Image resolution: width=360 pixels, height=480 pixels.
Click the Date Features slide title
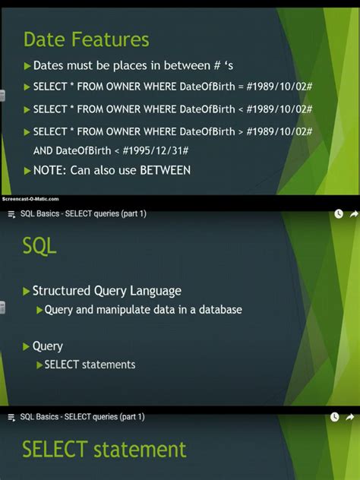(x=86, y=39)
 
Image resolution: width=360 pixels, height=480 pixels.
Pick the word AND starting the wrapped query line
(x=43, y=150)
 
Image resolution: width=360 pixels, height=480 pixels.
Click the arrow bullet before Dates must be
(x=27, y=65)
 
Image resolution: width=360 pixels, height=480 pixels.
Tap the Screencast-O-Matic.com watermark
(x=30, y=199)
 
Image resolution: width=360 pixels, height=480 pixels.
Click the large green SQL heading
(x=39, y=245)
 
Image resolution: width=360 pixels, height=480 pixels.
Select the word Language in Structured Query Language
(x=156, y=290)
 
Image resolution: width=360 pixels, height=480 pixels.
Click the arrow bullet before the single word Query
(x=27, y=346)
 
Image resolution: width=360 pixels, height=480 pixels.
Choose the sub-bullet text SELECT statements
(x=90, y=365)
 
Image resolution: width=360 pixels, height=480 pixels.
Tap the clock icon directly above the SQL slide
(x=338, y=214)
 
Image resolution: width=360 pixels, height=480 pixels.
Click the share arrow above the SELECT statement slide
(x=350, y=417)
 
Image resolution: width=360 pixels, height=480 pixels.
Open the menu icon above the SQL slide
(x=11, y=214)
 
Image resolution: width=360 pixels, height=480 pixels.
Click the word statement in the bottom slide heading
(x=140, y=449)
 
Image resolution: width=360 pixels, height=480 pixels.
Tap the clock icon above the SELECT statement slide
(x=335, y=417)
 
